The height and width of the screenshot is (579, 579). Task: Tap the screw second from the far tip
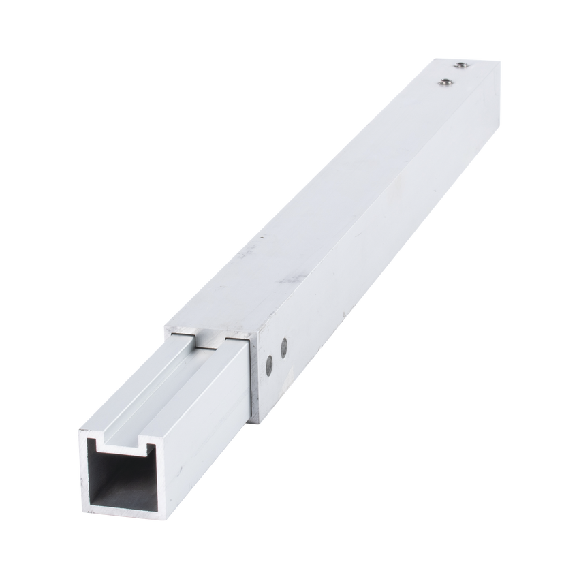point(446,82)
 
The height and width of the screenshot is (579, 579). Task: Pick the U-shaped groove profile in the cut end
point(127,443)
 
